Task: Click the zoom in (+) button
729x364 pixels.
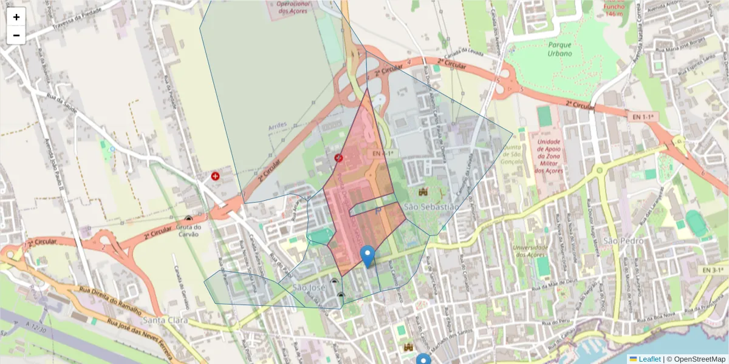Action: pos(16,17)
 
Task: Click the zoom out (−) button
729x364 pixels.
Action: pos(16,35)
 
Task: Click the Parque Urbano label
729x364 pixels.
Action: pos(560,49)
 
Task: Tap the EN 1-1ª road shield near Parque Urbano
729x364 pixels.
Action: pos(642,116)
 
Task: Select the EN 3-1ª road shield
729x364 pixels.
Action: pos(711,269)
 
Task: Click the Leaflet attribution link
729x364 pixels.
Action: pos(649,359)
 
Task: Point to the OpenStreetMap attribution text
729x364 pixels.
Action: pos(700,359)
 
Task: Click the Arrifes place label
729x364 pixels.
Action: pos(277,126)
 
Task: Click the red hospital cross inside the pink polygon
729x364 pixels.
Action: pos(339,158)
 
